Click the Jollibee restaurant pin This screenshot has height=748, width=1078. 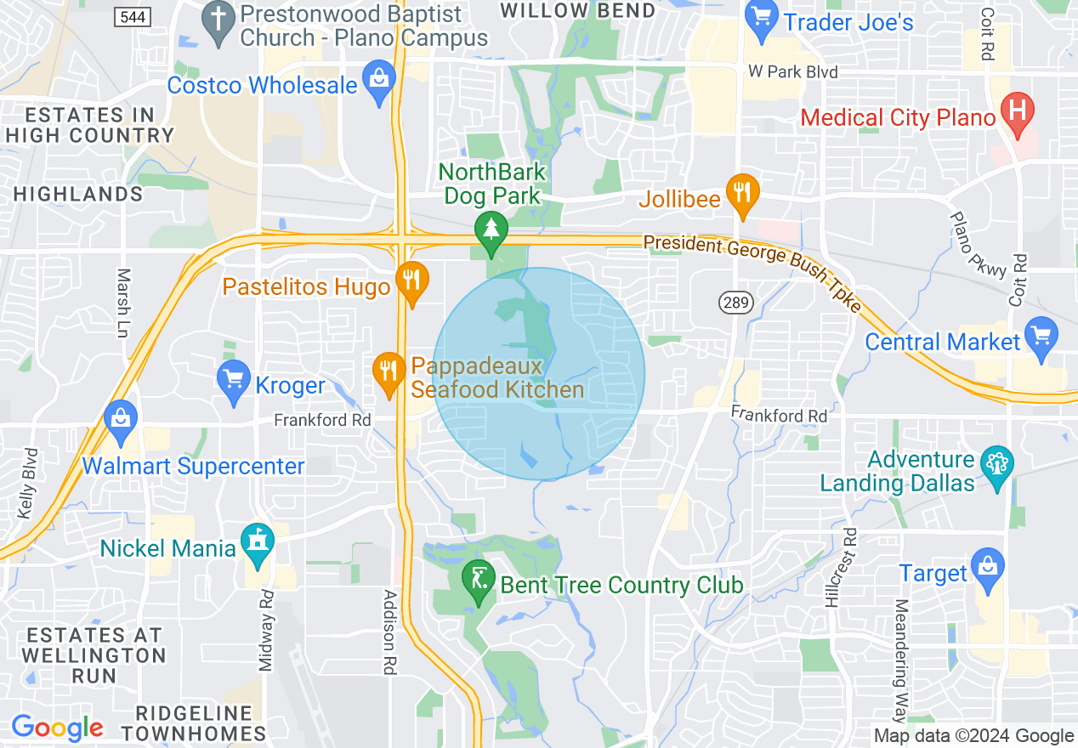point(742,194)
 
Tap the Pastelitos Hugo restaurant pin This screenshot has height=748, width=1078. point(412,281)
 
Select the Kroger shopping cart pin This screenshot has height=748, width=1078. point(234,380)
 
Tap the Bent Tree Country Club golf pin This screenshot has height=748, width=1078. point(479,581)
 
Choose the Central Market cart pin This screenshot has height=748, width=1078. point(1041,337)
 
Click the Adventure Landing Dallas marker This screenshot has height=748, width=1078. point(996,465)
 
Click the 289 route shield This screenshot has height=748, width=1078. point(732,302)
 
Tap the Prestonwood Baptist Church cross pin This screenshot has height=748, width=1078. point(220,22)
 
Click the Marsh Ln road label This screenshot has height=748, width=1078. point(124,303)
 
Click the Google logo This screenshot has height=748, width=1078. point(57,728)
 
